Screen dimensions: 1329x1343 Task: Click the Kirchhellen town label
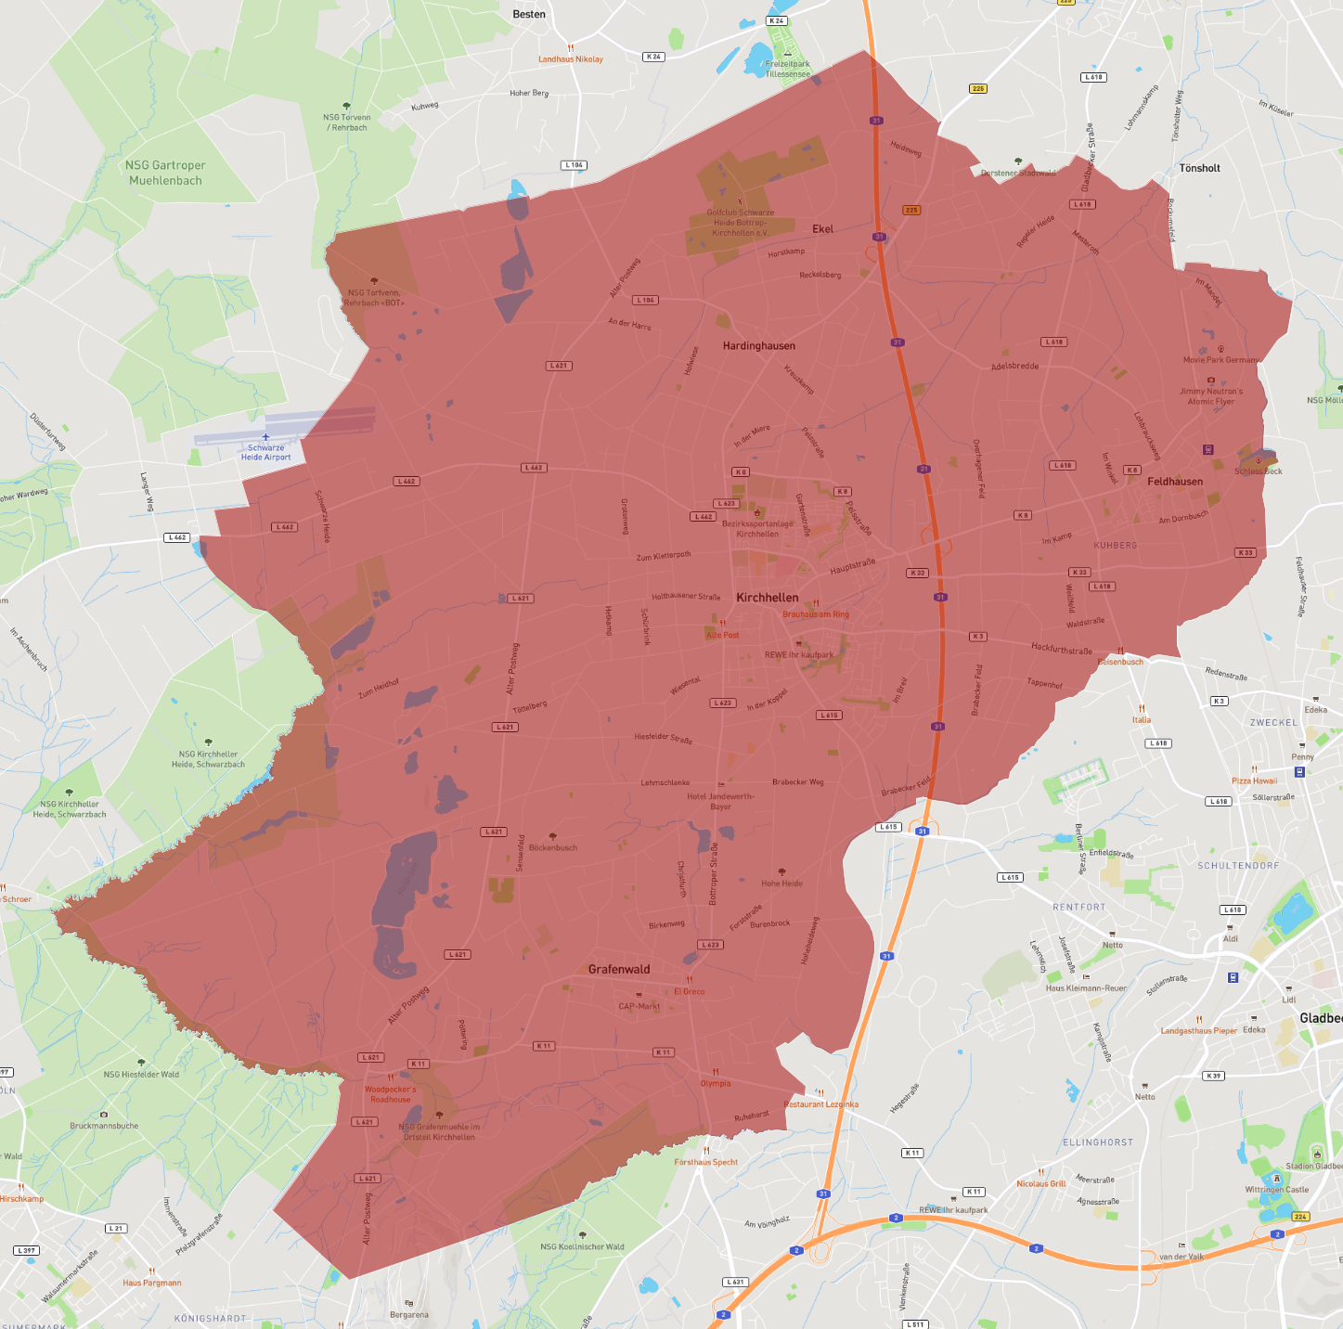pyautogui.click(x=767, y=598)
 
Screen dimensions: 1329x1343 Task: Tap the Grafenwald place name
pyautogui.click(x=619, y=969)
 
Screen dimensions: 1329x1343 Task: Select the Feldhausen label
pyautogui.click(x=1175, y=482)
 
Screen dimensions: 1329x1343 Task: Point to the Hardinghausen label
pyautogui.click(x=758, y=345)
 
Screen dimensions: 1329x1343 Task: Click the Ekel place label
pyautogui.click(x=822, y=228)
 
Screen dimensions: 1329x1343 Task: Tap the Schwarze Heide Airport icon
pyautogui.click(x=265, y=437)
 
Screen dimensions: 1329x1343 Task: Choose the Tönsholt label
pyautogui.click(x=1199, y=168)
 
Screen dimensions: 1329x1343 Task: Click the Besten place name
pyautogui.click(x=529, y=14)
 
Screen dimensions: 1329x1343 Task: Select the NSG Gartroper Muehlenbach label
pyautogui.click(x=165, y=173)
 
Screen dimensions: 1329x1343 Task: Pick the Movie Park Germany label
pyautogui.click(x=1220, y=360)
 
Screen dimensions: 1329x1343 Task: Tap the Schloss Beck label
pyautogui.click(x=1258, y=471)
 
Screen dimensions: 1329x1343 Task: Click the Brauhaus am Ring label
pyautogui.click(x=815, y=614)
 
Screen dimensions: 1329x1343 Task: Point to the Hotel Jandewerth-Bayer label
pyautogui.click(x=720, y=801)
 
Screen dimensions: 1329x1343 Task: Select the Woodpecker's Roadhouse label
pyautogui.click(x=390, y=1094)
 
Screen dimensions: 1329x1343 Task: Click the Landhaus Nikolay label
pyautogui.click(x=570, y=59)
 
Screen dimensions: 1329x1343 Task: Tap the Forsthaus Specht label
pyautogui.click(x=705, y=1162)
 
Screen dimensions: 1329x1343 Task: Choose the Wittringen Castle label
pyautogui.click(x=1276, y=1190)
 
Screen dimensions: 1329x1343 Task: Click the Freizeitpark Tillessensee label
pyautogui.click(x=787, y=69)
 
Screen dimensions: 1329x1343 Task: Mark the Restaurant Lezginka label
pyautogui.click(x=820, y=1104)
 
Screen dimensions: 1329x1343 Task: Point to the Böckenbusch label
pyautogui.click(x=552, y=847)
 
